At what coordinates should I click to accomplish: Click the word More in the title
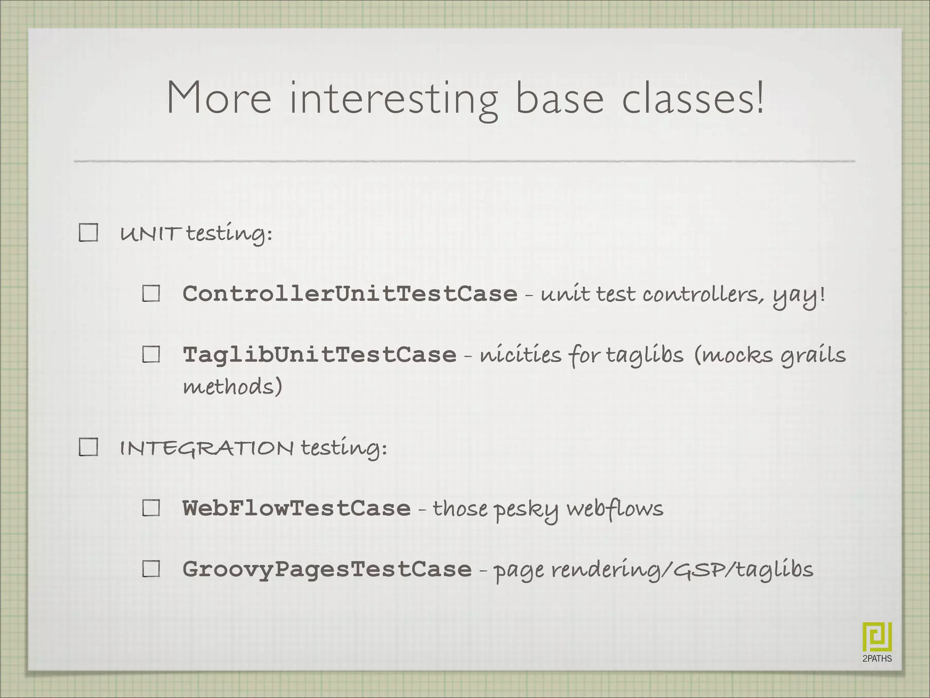click(x=219, y=97)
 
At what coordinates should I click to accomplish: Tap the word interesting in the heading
click(x=393, y=100)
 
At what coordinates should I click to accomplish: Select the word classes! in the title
click(x=693, y=97)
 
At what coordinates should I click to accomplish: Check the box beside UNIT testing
click(x=88, y=233)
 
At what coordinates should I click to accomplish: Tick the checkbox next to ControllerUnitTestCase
click(x=151, y=294)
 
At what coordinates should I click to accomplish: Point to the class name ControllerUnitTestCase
click(x=350, y=294)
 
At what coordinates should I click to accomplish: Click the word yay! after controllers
click(x=799, y=296)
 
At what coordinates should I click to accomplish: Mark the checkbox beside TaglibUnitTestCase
click(x=151, y=354)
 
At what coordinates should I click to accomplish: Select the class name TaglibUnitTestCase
click(x=319, y=354)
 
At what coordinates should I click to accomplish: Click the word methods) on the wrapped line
click(x=232, y=387)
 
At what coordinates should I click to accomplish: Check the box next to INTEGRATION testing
click(x=88, y=447)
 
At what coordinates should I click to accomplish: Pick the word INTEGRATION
click(x=207, y=448)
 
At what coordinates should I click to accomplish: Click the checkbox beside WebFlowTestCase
click(x=151, y=508)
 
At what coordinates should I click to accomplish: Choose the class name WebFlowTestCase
click(x=296, y=508)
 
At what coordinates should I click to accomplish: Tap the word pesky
click(x=526, y=510)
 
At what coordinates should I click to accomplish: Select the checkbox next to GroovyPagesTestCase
click(x=151, y=568)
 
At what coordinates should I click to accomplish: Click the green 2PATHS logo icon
click(x=877, y=637)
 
